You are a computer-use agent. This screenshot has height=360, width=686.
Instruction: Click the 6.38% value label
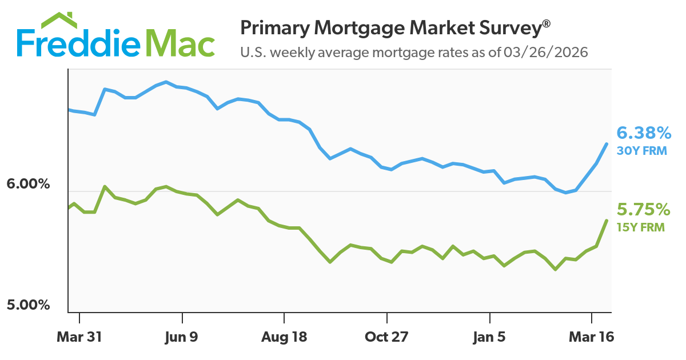pyautogui.click(x=644, y=134)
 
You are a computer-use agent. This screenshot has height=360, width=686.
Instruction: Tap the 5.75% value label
pyautogui.click(x=643, y=209)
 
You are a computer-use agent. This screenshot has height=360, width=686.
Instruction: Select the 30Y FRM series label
pyautogui.click(x=641, y=151)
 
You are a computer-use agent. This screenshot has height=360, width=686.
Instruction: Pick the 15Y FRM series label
pyautogui.click(x=641, y=227)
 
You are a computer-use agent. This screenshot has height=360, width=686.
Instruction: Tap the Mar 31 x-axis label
pyautogui.click(x=79, y=337)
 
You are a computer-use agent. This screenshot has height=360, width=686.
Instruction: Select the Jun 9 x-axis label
pyautogui.click(x=182, y=337)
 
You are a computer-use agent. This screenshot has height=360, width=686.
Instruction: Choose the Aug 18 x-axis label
pyautogui.click(x=284, y=337)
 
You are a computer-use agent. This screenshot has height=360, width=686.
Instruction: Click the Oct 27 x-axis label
pyautogui.click(x=387, y=337)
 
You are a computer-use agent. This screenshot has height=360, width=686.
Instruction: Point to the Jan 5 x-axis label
pyautogui.click(x=489, y=337)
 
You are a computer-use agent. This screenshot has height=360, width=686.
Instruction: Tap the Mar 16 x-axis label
pyautogui.click(x=592, y=337)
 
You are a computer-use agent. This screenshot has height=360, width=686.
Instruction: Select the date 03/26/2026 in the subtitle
pyautogui.click(x=546, y=53)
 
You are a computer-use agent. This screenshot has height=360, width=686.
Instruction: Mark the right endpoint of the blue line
pyautogui.click(x=607, y=143)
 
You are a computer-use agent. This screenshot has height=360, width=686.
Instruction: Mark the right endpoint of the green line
pyautogui.click(x=607, y=220)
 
